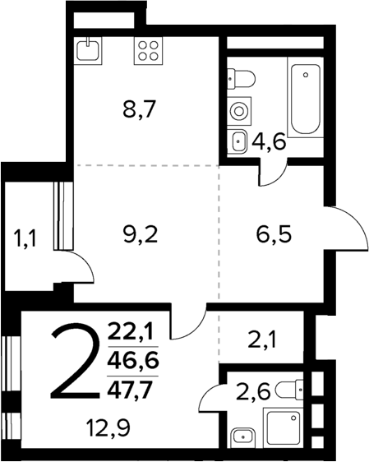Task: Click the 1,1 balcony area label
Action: click(26, 240)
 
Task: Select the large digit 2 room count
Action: click(76, 362)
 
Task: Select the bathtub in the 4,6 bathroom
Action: click(304, 95)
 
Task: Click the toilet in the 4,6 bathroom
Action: click(243, 78)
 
